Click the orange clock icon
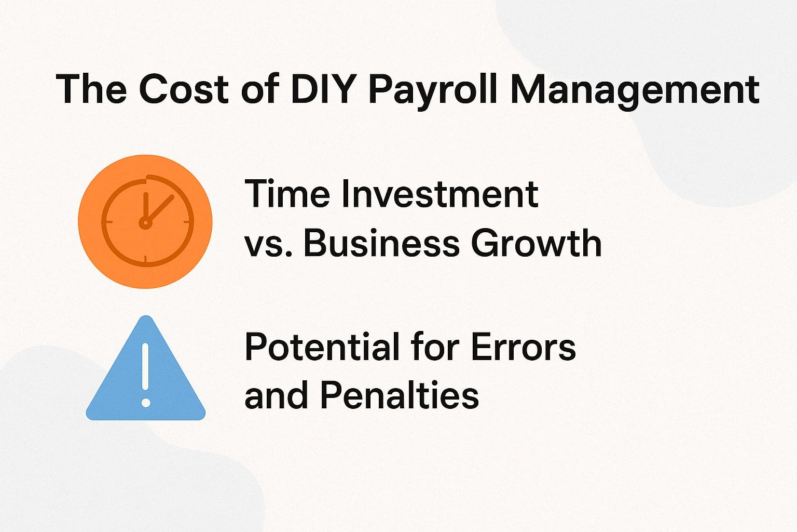click(x=145, y=221)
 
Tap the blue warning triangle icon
click(x=146, y=374)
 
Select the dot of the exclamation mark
click(x=146, y=403)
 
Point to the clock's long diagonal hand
click(x=160, y=208)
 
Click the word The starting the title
click(x=91, y=89)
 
